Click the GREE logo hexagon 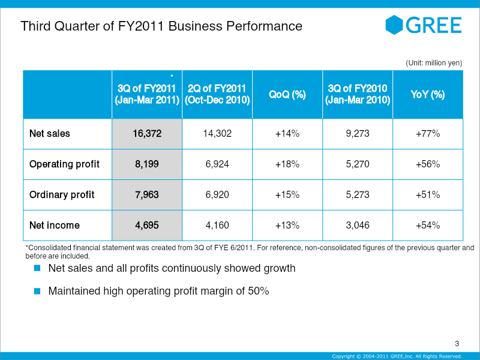(x=394, y=25)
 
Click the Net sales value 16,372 (x=147, y=133)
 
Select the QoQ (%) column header (x=287, y=94)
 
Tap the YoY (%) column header (x=428, y=94)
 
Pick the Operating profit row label (x=64, y=164)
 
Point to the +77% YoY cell (x=428, y=133)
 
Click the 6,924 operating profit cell (x=217, y=164)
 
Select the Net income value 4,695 (x=147, y=226)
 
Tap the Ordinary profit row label (x=62, y=194)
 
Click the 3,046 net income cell (x=358, y=226)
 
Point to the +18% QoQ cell (x=287, y=164)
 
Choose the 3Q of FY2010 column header (x=358, y=94)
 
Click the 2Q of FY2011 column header (x=217, y=94)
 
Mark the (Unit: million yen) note (x=434, y=63)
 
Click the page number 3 (x=457, y=343)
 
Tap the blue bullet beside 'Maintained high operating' (x=37, y=291)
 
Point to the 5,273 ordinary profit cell (x=358, y=194)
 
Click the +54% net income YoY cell (x=428, y=226)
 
